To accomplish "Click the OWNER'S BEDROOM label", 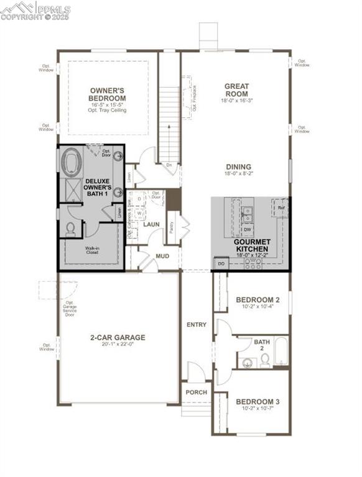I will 108,94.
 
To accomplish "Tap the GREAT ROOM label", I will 236,90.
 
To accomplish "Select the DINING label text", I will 239,166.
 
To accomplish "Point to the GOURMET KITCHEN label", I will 252,244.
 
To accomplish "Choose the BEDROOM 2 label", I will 258,300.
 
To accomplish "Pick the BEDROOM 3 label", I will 258,402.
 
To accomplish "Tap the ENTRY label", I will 197,325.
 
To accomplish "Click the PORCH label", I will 197,393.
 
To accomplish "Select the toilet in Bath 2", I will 265,360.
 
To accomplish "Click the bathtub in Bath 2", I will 281,352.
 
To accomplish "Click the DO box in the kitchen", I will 221,264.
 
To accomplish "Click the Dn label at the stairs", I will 169,165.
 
